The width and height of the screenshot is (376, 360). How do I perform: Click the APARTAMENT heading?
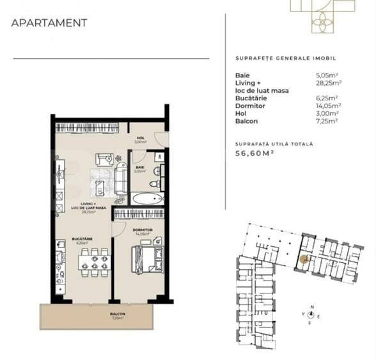(49, 23)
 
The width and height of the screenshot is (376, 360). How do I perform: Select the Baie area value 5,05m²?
(329, 75)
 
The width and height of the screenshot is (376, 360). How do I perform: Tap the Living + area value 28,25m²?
(329, 82)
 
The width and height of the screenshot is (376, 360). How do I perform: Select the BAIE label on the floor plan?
(139, 168)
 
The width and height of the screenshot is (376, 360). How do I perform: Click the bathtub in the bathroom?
(148, 198)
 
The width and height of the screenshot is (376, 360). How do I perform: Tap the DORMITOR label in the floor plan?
(142, 230)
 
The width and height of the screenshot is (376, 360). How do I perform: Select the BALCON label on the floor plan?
(116, 314)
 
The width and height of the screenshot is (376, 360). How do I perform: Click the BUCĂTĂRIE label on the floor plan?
(82, 239)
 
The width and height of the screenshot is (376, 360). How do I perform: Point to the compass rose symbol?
(312, 315)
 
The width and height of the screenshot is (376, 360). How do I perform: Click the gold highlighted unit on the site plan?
(304, 260)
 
